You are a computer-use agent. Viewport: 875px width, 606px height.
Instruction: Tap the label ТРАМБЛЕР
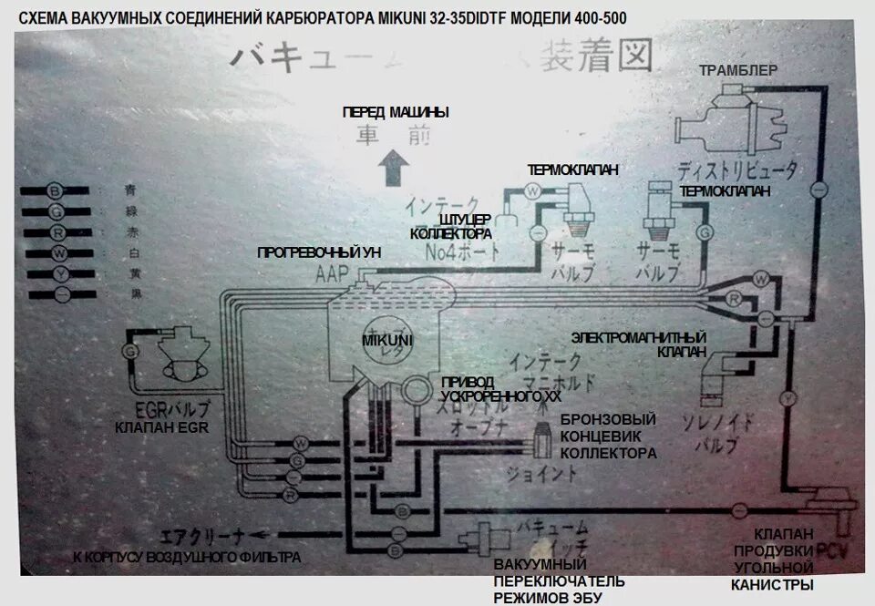pos(736,71)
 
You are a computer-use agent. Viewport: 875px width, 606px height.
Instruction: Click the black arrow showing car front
pos(394,168)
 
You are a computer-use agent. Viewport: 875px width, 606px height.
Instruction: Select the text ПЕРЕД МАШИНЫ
pos(396,112)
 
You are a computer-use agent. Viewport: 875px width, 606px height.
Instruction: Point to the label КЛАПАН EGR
pos(162,427)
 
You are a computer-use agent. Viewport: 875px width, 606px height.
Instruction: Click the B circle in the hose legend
pos(57,191)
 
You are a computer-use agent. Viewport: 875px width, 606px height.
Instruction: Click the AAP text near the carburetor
pos(333,272)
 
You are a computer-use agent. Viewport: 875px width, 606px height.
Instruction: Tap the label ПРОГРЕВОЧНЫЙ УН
pos(318,252)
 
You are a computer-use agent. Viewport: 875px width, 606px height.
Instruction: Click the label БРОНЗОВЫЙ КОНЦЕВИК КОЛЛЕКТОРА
pos(608,436)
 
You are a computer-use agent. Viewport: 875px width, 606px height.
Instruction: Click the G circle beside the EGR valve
pos(127,350)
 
